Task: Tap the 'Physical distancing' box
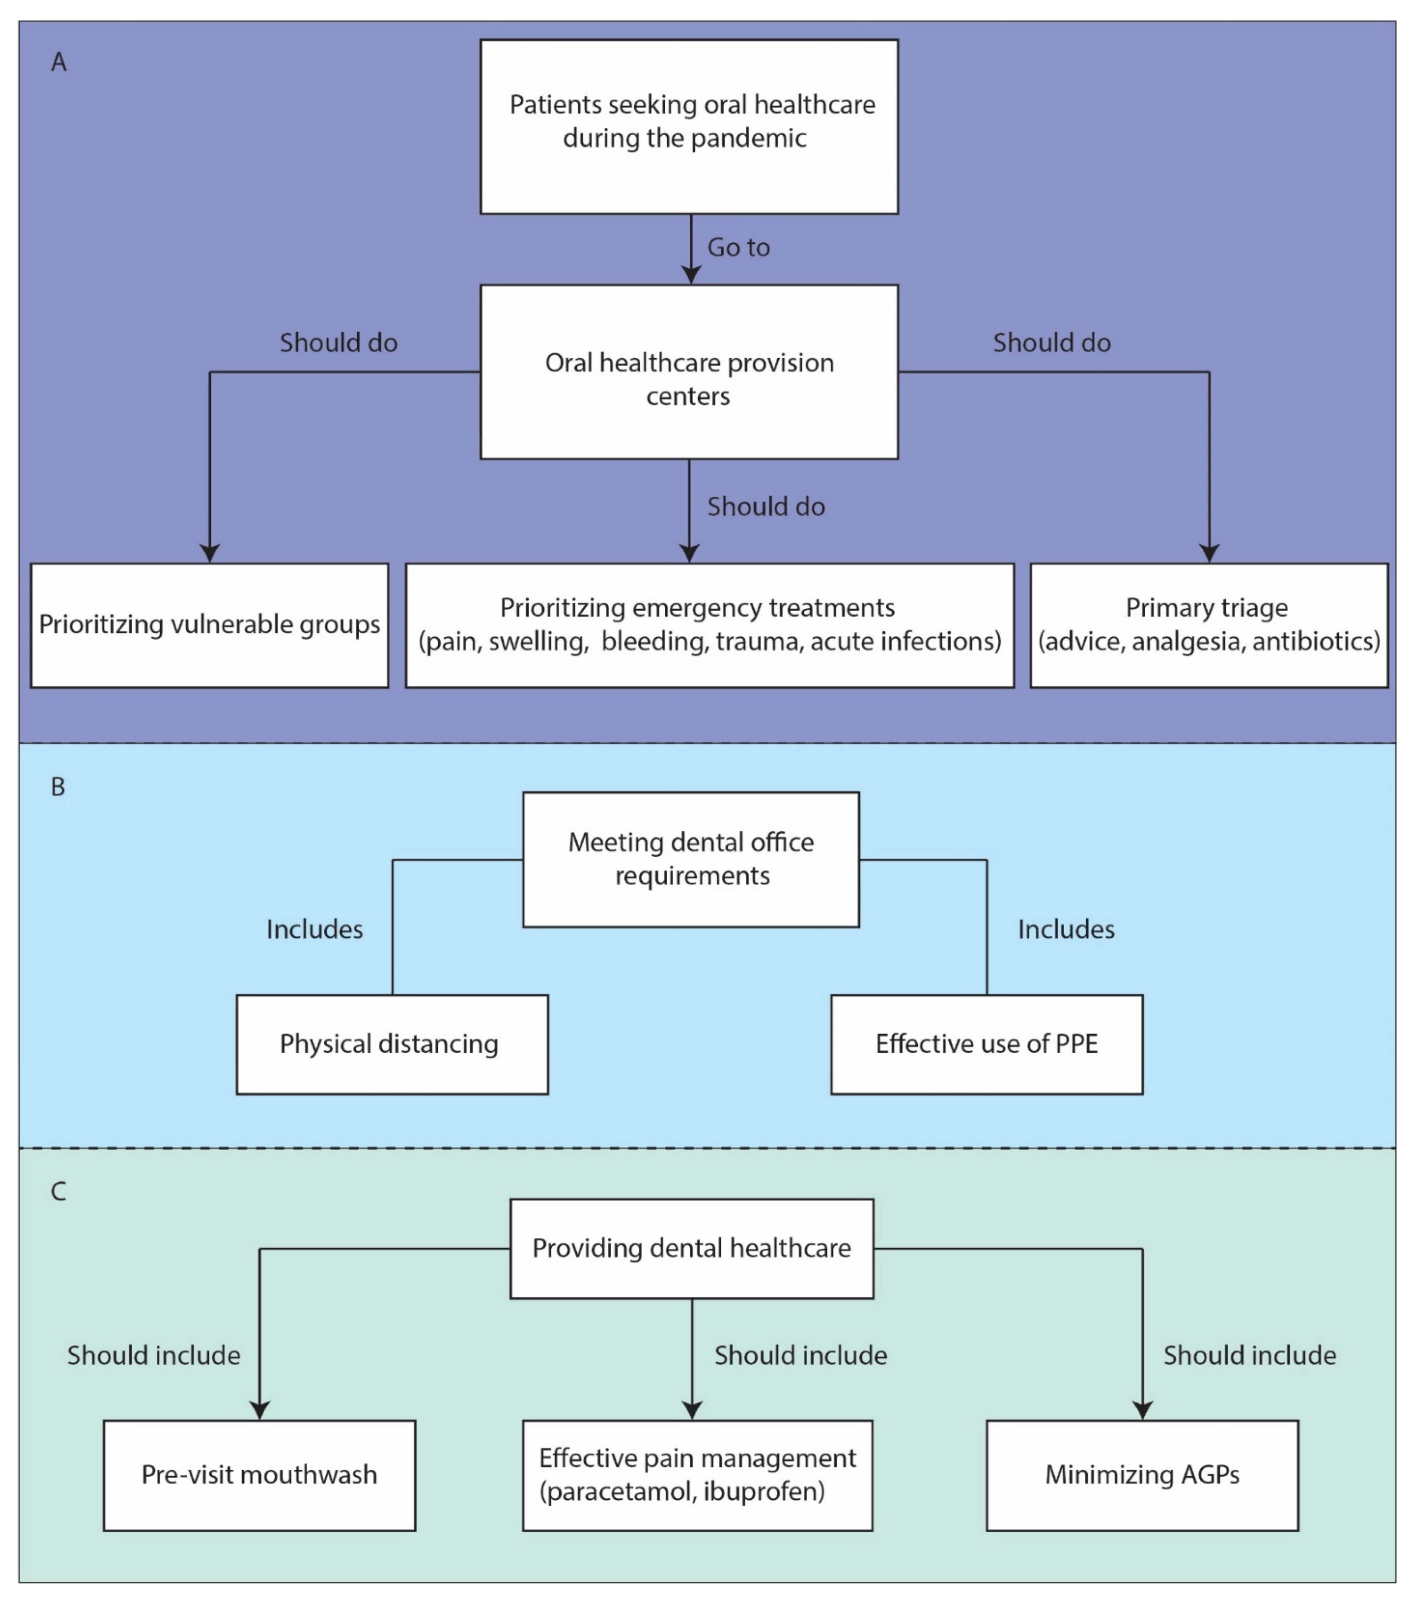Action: click(x=392, y=1044)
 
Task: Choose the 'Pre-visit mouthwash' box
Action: click(x=259, y=1475)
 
